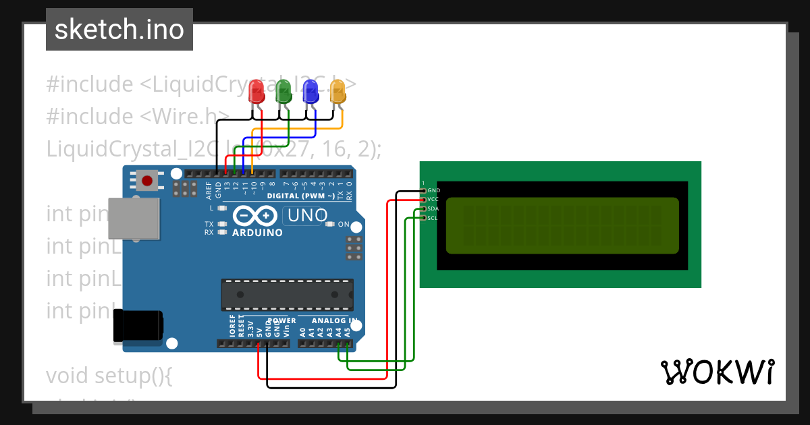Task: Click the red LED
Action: click(x=256, y=91)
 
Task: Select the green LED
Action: click(x=283, y=91)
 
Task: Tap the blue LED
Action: click(x=310, y=91)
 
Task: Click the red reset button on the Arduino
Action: click(x=147, y=180)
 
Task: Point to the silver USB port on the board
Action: click(x=134, y=219)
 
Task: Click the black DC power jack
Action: click(x=138, y=325)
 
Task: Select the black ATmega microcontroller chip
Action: click(x=287, y=294)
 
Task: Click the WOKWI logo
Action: click(x=717, y=372)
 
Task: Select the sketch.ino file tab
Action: click(x=119, y=30)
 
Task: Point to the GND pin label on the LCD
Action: click(x=433, y=191)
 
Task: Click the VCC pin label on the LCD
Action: click(x=433, y=200)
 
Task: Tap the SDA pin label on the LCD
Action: click(x=433, y=209)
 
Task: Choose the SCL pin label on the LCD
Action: click(x=433, y=218)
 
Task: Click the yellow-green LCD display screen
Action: click(x=562, y=225)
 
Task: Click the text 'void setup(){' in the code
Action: click(x=109, y=375)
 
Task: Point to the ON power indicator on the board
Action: click(x=344, y=225)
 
